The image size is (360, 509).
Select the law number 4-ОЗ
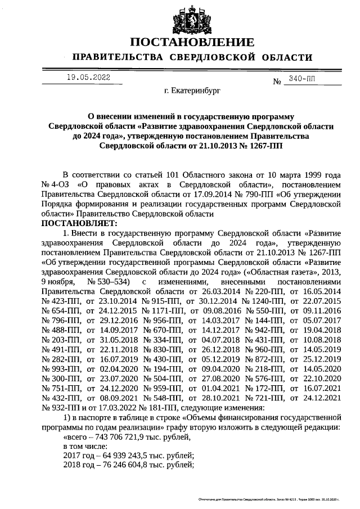tap(61, 184)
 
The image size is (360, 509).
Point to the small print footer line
tap(269, 499)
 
